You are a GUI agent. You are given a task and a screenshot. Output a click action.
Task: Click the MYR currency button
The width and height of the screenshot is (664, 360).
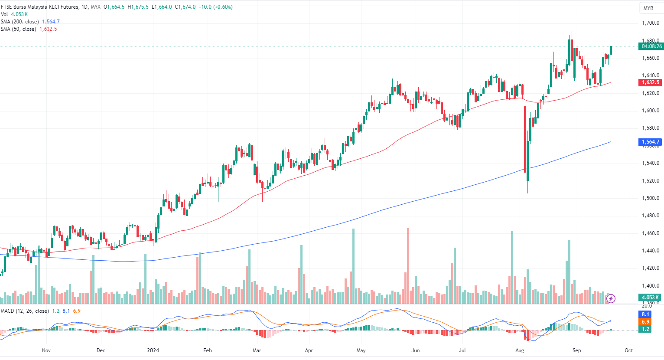648,8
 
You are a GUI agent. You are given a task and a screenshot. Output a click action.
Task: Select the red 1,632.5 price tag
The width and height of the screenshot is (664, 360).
651,82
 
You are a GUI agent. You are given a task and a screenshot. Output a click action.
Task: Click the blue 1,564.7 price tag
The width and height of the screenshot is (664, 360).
651,142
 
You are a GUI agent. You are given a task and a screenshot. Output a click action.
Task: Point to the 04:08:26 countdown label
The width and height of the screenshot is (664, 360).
651,46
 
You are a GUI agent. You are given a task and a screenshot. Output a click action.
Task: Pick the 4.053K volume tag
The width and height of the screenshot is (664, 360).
650,298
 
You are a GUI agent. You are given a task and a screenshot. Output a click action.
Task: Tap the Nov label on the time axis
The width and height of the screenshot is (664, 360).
46,350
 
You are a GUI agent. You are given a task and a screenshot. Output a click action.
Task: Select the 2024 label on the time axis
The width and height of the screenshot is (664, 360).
153,350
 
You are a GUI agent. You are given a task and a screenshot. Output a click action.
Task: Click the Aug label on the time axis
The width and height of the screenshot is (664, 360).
520,350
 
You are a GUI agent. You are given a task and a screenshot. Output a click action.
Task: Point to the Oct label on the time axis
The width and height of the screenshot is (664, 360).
628,350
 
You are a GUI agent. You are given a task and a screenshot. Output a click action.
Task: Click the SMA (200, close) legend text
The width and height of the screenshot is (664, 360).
20,22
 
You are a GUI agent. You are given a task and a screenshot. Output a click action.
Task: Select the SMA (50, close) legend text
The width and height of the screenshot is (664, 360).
19,29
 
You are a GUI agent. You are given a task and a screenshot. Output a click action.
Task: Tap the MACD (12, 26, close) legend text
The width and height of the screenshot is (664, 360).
25,311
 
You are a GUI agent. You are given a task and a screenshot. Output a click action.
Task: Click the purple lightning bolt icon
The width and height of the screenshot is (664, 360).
611,298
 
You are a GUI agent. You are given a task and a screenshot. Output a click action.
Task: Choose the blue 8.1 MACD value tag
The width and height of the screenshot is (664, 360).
645,314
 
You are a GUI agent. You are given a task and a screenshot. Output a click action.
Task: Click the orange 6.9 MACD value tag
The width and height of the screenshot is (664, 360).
645,322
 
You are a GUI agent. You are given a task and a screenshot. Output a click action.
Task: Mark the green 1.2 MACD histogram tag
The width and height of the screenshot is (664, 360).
645,329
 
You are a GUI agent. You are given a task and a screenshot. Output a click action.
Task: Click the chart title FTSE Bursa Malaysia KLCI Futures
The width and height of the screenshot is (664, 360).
40,7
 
